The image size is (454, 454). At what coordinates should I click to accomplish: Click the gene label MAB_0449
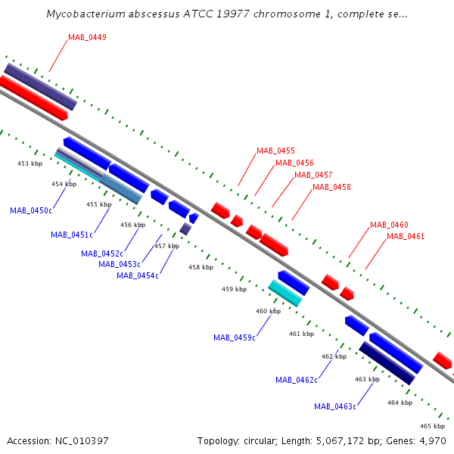click(x=87, y=37)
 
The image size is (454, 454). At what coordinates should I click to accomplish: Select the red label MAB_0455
click(x=275, y=151)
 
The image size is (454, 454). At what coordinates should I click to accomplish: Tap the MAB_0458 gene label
click(x=331, y=187)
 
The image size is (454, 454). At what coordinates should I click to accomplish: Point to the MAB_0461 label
click(x=406, y=236)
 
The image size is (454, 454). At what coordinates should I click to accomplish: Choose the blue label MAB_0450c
click(x=31, y=210)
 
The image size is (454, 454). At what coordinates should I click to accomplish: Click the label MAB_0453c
click(x=120, y=264)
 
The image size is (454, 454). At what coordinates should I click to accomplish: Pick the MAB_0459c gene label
click(x=235, y=337)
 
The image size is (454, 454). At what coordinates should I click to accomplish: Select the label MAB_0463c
click(x=335, y=406)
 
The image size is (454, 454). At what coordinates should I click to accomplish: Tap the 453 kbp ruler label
click(x=30, y=163)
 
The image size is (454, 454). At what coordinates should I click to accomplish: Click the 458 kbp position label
click(x=201, y=267)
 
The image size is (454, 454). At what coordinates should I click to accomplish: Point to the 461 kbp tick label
click(x=301, y=334)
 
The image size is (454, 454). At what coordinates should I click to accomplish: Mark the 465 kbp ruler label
click(x=432, y=426)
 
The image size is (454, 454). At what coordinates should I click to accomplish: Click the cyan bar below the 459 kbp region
click(x=285, y=293)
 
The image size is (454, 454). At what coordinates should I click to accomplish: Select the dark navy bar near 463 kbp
click(x=387, y=363)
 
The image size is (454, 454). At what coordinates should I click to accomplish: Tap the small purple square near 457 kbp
click(x=185, y=229)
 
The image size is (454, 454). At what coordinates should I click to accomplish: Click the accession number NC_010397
click(x=82, y=441)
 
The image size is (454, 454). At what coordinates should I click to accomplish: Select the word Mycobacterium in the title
click(x=86, y=14)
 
